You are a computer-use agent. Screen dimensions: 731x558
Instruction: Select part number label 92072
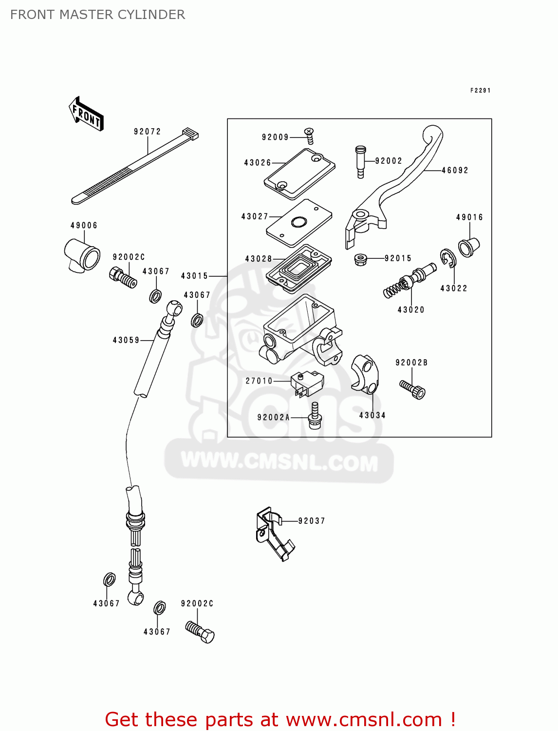click(147, 132)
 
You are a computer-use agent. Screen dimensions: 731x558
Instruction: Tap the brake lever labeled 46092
click(399, 185)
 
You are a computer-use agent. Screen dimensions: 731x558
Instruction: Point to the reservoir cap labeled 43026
click(299, 174)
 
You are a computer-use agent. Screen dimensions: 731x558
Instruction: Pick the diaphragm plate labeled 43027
click(299, 223)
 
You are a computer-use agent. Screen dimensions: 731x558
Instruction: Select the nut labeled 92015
click(361, 259)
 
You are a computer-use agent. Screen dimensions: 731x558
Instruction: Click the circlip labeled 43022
click(447, 258)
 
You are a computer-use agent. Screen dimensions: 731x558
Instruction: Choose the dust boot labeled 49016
click(468, 247)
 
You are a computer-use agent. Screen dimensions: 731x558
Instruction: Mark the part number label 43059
click(126, 340)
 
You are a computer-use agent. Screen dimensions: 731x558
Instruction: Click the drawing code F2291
click(480, 91)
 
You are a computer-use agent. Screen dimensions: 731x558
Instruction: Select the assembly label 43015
click(194, 276)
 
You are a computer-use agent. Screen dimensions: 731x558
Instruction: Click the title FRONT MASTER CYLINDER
click(97, 15)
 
